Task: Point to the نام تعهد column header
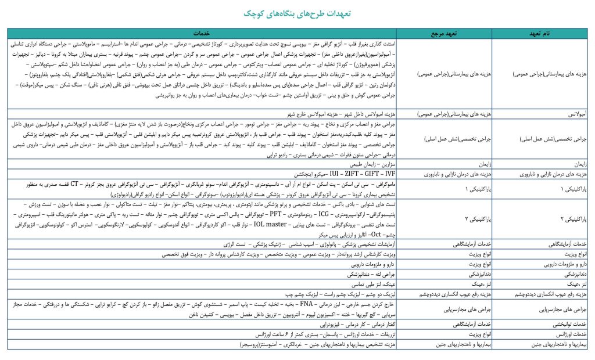coord(541,34)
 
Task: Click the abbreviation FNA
coord(304,303)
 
